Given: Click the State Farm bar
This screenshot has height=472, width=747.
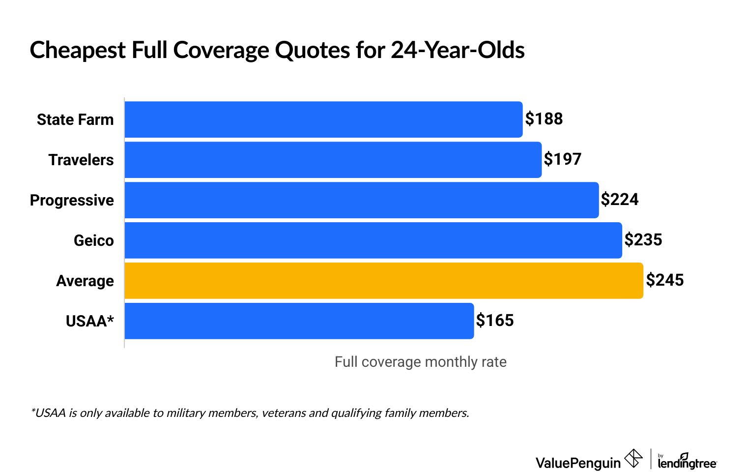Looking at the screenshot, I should point(323,119).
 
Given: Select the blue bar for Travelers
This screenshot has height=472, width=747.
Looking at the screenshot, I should point(333,160).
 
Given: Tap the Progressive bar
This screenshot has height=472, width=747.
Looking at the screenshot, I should point(361,200).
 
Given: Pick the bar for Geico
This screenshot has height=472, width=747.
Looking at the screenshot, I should point(373,240).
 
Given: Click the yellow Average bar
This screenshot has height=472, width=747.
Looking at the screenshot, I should point(383,281).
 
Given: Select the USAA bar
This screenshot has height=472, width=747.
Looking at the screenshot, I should point(299,321).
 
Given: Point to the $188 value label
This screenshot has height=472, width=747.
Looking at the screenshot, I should point(544,119).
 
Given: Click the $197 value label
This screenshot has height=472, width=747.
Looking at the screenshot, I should point(562,159).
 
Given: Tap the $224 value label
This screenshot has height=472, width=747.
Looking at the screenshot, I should point(619,200).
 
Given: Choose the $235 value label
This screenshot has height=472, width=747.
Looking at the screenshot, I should point(643,240).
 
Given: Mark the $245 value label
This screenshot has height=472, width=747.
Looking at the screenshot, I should point(664,280).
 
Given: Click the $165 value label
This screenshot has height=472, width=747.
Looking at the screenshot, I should point(494,321).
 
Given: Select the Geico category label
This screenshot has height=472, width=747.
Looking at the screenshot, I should point(93,240).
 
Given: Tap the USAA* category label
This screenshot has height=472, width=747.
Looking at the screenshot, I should point(89,321).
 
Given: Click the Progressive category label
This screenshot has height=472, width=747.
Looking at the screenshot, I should point(72,200).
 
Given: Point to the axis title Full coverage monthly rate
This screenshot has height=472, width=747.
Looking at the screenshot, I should point(420,362).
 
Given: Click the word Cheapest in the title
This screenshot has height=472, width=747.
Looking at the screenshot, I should point(78,50).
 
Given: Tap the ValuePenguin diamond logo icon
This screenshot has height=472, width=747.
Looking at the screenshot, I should point(633,459).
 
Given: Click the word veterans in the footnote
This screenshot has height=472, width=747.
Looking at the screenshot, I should point(284,413).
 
